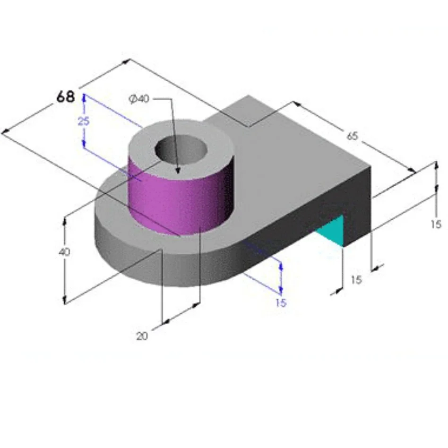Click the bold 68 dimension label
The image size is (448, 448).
[66, 97]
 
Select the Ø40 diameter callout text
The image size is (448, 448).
[139, 99]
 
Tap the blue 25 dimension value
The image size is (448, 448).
[84, 121]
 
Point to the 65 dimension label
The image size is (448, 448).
[353, 136]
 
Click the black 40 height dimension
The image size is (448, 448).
[64, 252]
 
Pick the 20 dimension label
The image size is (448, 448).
[142, 336]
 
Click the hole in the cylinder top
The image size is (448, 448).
[181, 151]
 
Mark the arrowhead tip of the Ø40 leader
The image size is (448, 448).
[178, 173]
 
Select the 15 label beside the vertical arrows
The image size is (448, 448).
[436, 224]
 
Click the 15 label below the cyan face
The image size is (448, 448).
[356, 280]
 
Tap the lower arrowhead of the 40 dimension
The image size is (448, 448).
[64, 301]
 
